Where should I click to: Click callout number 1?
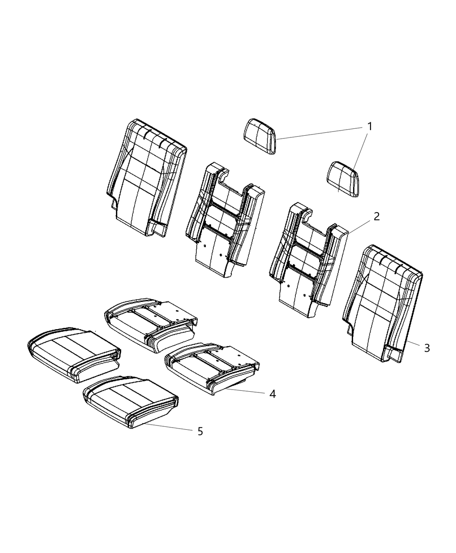pos(370,127)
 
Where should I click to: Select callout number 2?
pos(377,216)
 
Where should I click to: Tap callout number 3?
pos(427,347)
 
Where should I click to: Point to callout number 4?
pos(272,394)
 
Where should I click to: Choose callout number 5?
pos(200,431)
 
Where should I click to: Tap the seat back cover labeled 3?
pos(383,303)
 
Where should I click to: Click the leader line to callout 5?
pos(169,427)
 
